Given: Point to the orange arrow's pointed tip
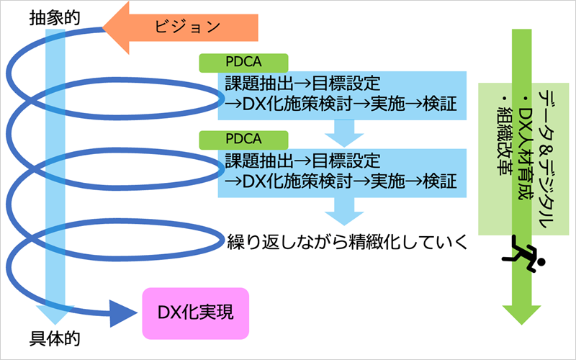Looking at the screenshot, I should point(106,28).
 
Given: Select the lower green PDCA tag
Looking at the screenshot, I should point(243,138).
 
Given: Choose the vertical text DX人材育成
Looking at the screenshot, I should point(528,141).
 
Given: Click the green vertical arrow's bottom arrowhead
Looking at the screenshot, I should point(521,313).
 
